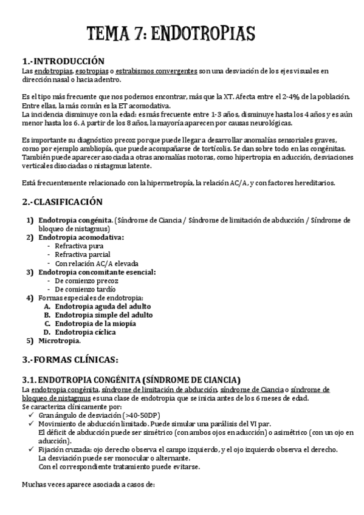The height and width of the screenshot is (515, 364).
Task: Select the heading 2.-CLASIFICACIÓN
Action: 62,202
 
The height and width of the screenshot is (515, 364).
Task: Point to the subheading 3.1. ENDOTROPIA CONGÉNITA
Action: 131,380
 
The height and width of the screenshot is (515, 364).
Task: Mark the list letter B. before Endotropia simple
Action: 47,315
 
